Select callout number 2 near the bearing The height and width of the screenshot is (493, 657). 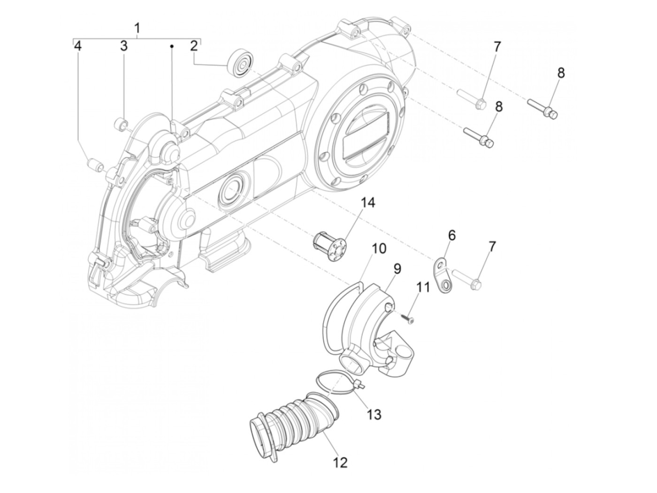(x=194, y=45)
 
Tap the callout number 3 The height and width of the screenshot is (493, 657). (x=123, y=45)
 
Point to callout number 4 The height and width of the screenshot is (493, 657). (x=78, y=45)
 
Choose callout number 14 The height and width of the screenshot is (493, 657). (x=368, y=203)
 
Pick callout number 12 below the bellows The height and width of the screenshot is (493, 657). (x=341, y=463)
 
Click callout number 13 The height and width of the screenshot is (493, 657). (x=374, y=414)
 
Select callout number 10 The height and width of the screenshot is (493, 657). (x=379, y=248)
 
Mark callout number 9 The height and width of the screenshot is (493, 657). (x=397, y=269)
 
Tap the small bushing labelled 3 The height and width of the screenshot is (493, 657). (x=122, y=125)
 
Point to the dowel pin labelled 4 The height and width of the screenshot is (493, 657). (x=95, y=166)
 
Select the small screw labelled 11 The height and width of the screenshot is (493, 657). (x=407, y=318)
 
